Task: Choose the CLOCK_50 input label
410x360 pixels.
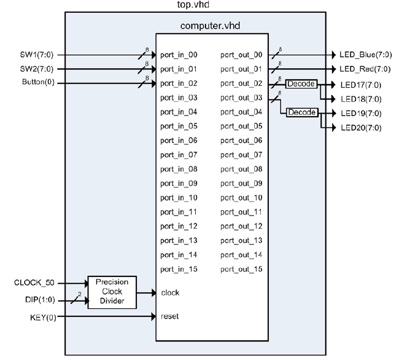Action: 34,283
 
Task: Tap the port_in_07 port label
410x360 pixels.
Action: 179,155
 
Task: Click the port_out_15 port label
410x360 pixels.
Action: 241,269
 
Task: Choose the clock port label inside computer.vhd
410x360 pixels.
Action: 170,292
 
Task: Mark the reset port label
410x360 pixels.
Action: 170,317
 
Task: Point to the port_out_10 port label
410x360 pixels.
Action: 241,198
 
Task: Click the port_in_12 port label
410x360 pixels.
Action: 179,226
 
